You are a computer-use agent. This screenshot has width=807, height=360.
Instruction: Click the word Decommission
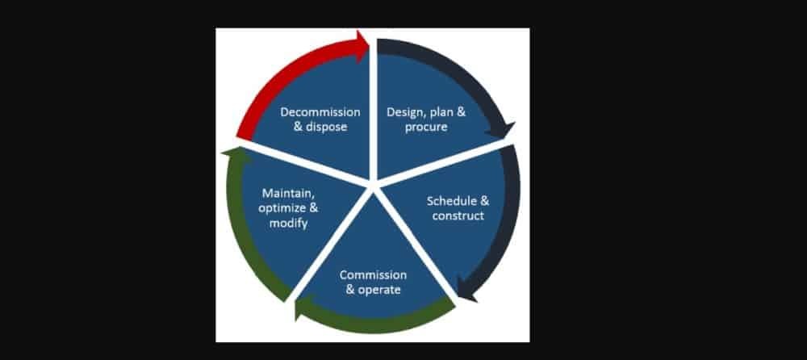320,111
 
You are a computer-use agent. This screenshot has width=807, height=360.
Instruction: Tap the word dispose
326,127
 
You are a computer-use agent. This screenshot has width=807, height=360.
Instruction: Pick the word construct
458,216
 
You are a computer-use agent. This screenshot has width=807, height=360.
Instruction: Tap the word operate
378,289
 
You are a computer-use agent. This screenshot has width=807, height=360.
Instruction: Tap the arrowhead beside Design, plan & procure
506,130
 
